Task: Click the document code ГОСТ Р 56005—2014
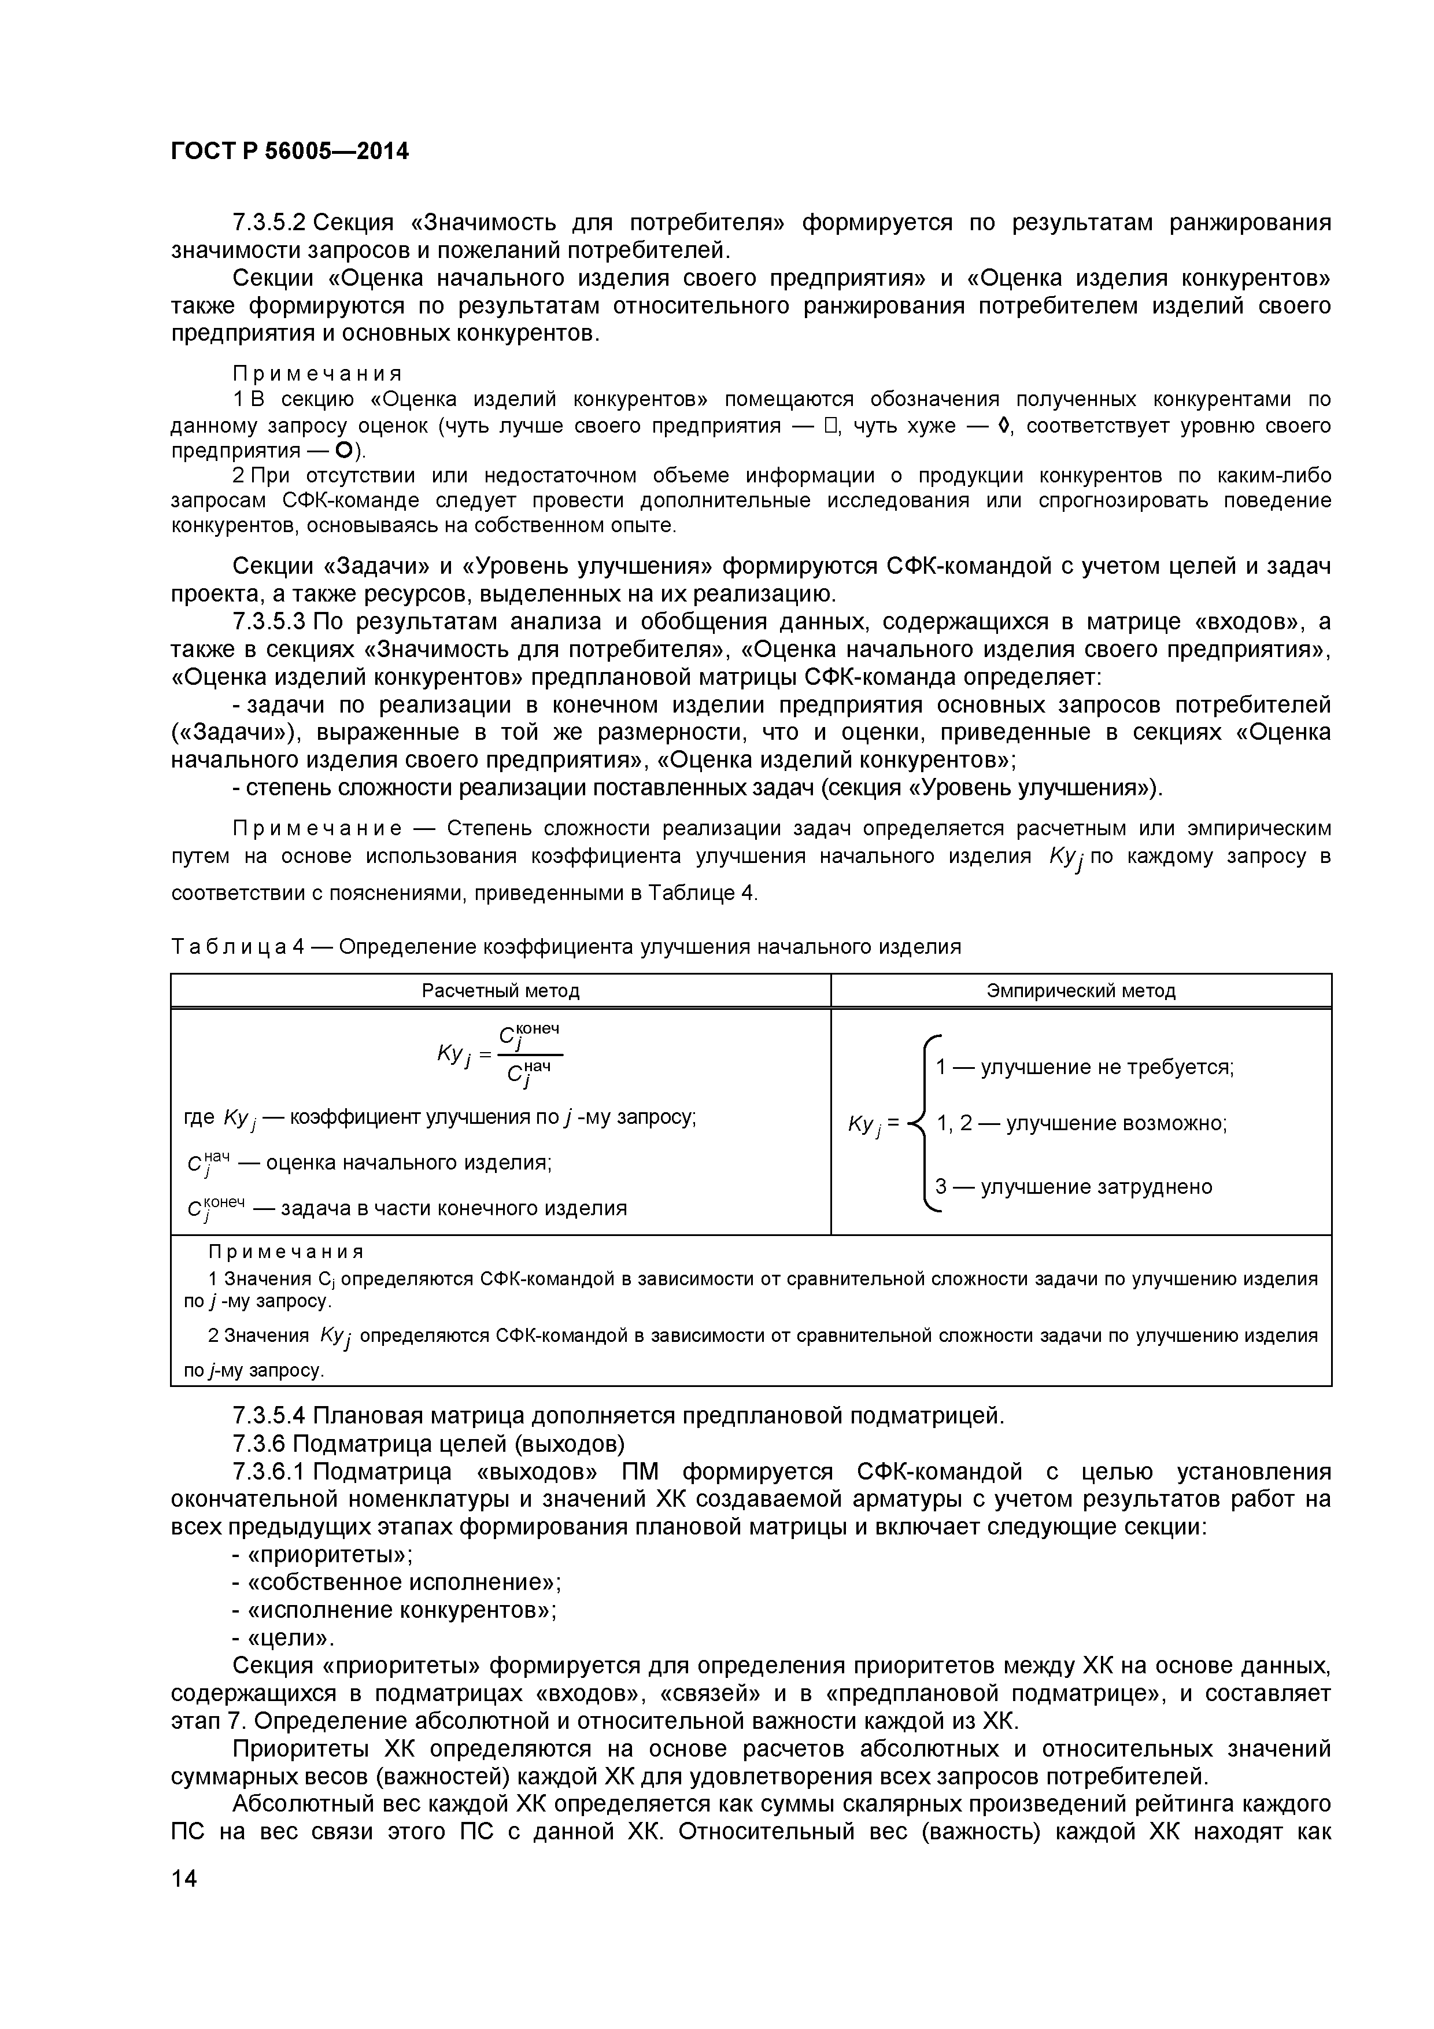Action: pyautogui.click(x=290, y=152)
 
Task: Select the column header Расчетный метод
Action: pyautogui.click(x=500, y=991)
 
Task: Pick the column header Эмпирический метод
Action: pyautogui.click(x=1081, y=991)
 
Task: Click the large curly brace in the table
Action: pyautogui.click(x=922, y=1122)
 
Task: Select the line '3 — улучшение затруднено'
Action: pyautogui.click(x=1074, y=1186)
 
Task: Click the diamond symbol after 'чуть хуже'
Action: pyautogui.click(x=1002, y=426)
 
